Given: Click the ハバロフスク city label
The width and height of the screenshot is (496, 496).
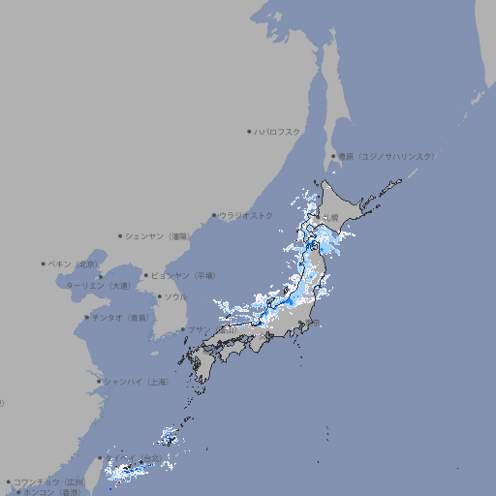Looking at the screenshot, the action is click(278, 131).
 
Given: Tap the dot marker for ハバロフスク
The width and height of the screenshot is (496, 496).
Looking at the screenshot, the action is click(249, 131).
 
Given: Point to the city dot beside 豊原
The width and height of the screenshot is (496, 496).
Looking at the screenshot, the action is click(333, 156).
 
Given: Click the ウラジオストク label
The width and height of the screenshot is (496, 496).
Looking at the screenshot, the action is click(247, 215).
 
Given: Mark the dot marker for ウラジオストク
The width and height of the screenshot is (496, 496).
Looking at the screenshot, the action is click(215, 216).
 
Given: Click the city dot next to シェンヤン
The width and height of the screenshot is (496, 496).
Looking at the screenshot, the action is click(121, 235).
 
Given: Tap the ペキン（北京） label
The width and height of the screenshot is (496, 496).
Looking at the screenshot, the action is click(75, 263).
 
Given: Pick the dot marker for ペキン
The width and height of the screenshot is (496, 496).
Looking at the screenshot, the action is click(44, 263).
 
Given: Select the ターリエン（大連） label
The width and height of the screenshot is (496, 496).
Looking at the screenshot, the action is click(98, 286).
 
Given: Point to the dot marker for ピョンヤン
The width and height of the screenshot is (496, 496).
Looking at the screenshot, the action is click(146, 275).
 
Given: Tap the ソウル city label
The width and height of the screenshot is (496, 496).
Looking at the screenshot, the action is click(175, 296).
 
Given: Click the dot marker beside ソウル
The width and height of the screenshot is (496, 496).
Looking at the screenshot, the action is click(159, 296).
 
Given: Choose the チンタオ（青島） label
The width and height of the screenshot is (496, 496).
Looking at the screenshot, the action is click(121, 318).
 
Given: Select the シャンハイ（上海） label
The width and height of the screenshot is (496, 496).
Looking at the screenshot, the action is click(137, 382).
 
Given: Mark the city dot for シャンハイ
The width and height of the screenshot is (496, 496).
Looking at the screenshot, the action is click(99, 382).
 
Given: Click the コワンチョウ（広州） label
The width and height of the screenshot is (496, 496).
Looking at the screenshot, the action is click(49, 481).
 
